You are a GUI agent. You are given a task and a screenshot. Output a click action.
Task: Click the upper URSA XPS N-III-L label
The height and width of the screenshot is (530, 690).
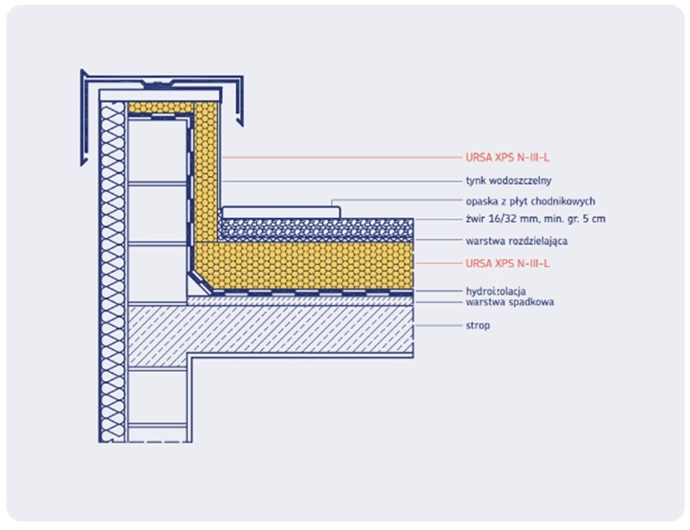point(508,157)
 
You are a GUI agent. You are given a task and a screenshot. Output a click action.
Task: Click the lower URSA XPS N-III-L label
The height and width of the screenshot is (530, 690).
point(508,263)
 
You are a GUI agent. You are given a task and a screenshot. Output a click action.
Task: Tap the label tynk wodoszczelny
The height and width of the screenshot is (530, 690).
point(509,180)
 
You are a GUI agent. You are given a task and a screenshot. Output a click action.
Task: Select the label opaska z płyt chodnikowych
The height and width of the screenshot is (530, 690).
point(531,202)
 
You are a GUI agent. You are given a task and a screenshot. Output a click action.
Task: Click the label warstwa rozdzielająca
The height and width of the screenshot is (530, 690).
point(516,240)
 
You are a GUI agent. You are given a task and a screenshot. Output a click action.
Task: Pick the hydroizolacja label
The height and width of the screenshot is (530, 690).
point(496,291)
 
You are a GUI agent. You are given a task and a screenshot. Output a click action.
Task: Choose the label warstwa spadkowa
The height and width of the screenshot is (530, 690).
point(509,302)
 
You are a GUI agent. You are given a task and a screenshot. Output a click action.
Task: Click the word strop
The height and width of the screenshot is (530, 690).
point(477,326)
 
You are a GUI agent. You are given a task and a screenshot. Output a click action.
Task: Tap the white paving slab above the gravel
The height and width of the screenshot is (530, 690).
point(281,213)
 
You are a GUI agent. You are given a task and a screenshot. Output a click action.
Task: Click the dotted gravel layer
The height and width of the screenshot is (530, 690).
point(316,229)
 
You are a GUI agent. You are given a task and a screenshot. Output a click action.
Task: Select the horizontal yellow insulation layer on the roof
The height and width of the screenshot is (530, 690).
point(303,266)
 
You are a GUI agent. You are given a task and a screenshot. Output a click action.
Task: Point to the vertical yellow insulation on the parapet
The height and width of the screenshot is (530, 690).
point(206,171)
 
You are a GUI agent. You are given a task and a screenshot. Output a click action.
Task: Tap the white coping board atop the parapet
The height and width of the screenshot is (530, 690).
point(159,96)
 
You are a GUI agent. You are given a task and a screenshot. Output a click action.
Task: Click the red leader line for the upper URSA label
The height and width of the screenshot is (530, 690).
point(342,157)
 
